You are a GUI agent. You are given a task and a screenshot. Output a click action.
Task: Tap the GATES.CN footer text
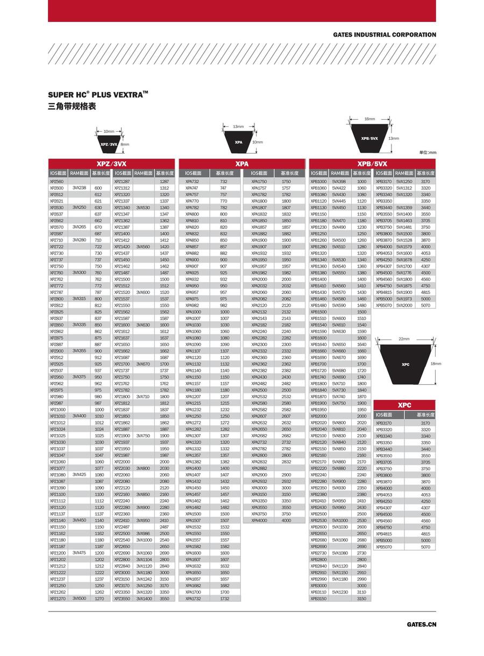(x=422, y=624)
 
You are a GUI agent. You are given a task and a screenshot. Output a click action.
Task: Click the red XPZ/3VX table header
(x=111, y=163)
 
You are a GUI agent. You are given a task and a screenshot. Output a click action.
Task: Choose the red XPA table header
(x=242, y=163)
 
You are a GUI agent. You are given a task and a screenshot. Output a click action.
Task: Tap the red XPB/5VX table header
(x=373, y=163)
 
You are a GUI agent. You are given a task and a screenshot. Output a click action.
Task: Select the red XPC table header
(x=404, y=405)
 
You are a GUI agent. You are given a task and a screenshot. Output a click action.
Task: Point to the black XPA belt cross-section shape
(x=238, y=142)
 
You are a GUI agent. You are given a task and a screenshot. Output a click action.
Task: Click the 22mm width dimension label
(x=404, y=339)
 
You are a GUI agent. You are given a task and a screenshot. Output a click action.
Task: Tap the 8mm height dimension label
(x=125, y=145)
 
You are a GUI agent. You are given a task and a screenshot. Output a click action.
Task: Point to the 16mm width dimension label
(x=369, y=119)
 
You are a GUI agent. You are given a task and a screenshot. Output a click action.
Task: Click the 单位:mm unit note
(x=428, y=153)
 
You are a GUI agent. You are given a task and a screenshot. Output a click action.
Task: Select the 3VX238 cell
(x=80, y=188)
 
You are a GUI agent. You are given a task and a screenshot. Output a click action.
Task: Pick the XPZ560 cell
(x=57, y=182)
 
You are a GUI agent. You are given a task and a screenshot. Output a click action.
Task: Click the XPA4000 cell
(x=260, y=520)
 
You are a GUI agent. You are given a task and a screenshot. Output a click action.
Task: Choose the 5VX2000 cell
(x=404, y=305)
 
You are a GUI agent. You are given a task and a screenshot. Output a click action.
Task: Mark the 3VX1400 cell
(x=144, y=598)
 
